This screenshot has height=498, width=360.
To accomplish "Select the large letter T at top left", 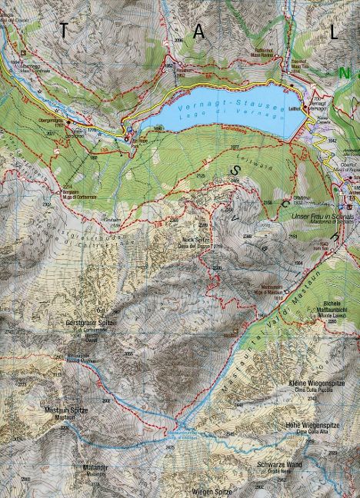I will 64,31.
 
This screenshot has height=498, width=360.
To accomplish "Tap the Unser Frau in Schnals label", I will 322,217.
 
